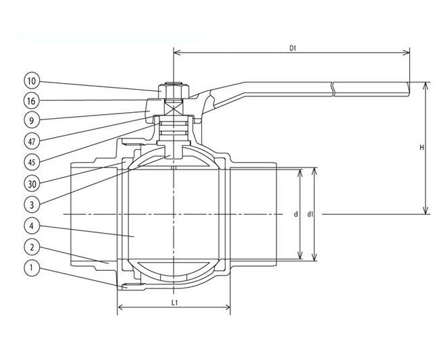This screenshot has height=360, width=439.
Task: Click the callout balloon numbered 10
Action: point(31,82)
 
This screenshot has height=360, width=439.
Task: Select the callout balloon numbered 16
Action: point(31,101)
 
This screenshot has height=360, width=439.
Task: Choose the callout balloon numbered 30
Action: point(31,183)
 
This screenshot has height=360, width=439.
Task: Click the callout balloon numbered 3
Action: point(31,203)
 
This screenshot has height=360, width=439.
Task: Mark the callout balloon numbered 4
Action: point(31,225)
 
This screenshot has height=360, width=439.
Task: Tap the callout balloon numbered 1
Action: point(31,268)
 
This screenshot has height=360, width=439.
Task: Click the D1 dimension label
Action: point(293,48)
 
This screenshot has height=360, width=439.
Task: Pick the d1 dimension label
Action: point(310,215)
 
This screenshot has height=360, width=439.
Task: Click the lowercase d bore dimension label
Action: point(296,215)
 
